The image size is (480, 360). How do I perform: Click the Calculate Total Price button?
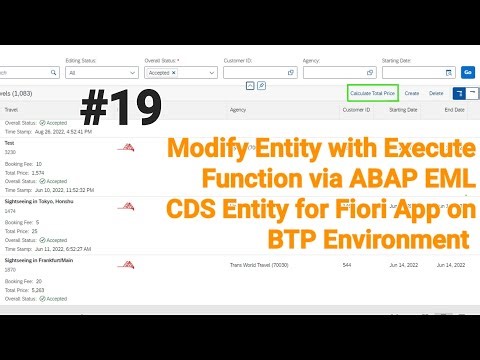point(373,93)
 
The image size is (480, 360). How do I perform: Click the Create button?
point(412,93)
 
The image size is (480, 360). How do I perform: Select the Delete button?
point(436,93)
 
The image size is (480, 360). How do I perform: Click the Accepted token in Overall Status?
point(159,73)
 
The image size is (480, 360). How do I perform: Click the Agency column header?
point(238,110)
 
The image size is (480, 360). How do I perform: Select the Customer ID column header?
point(356,110)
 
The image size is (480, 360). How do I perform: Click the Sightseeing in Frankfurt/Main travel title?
point(49,260)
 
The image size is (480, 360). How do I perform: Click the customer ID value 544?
point(346,265)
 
